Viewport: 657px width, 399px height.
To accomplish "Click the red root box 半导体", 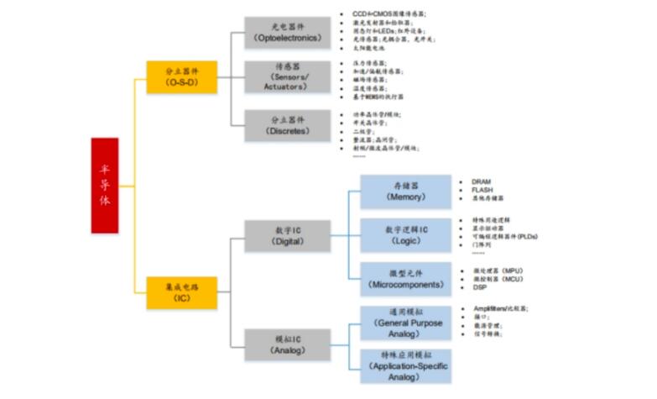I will (x=105, y=185).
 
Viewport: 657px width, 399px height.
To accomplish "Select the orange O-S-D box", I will (x=181, y=76).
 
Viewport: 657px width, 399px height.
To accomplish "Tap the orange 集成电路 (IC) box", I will (x=181, y=292).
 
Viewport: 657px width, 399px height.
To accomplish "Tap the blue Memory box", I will (x=406, y=192).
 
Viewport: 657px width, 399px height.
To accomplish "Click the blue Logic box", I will (x=406, y=235).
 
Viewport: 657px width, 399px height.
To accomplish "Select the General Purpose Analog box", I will (x=406, y=323).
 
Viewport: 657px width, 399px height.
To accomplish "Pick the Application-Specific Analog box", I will (x=406, y=366).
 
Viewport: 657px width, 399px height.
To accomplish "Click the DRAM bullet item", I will (x=481, y=181).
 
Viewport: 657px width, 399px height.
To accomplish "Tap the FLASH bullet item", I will (x=482, y=190).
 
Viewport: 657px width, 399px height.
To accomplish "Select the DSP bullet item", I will (x=479, y=287).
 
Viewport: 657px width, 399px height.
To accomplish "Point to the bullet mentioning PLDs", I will (x=504, y=236).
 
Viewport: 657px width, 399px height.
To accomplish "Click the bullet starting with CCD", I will (x=389, y=14).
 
